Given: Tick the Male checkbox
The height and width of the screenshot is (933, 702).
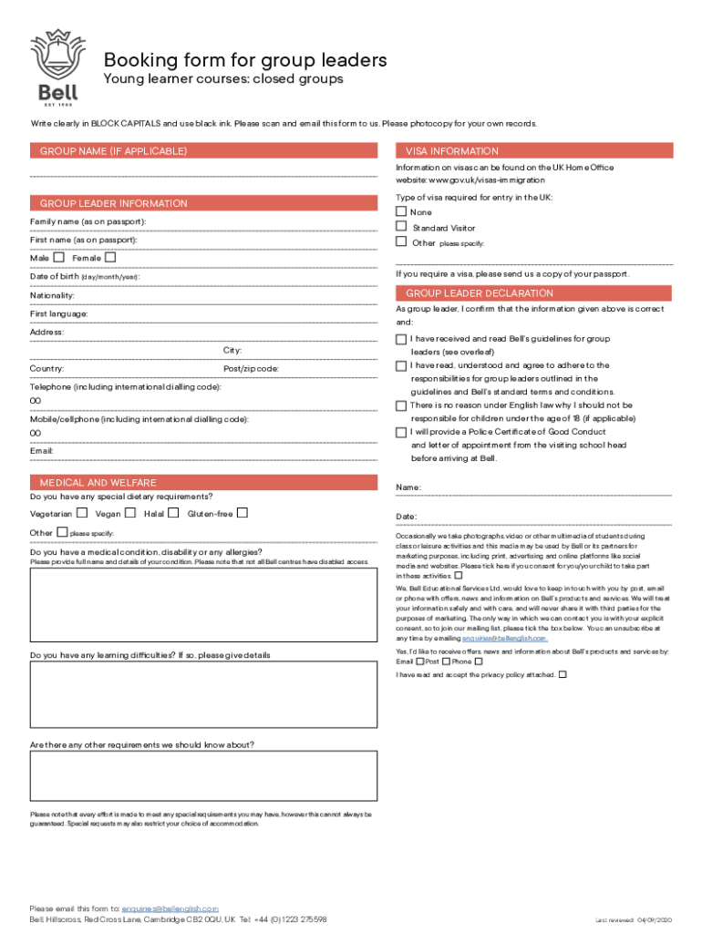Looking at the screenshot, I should point(58,258).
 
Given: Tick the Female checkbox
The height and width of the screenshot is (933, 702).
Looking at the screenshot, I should point(110,258).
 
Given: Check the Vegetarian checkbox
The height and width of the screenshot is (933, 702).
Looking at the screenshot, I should point(82,513).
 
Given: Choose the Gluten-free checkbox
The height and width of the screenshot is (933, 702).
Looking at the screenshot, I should point(243,513).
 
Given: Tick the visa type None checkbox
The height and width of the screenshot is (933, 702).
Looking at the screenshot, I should point(400,211).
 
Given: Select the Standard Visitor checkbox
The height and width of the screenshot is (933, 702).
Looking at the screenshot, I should point(400,227).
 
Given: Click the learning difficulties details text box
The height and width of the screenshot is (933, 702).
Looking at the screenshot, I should point(203,694).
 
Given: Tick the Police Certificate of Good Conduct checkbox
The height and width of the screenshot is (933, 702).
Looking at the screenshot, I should point(401,432).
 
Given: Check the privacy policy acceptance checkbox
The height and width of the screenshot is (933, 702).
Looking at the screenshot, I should point(563,674).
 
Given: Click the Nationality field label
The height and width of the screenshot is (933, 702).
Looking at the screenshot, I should point(52,295).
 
